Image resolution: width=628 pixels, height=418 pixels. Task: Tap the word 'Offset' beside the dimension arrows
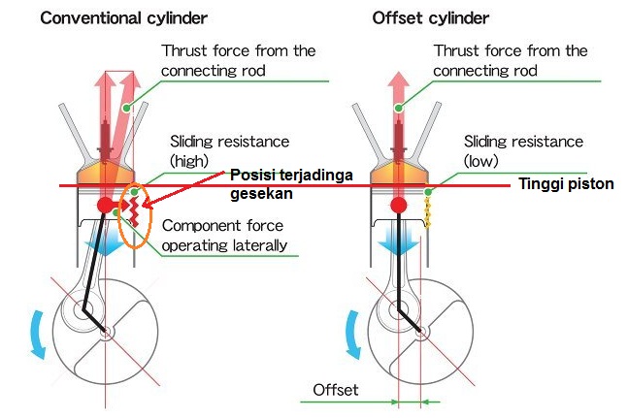[x=335, y=390]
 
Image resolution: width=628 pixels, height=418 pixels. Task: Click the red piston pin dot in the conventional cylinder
[x=105, y=205]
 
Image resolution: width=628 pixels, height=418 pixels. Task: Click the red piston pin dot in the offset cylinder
[x=398, y=205]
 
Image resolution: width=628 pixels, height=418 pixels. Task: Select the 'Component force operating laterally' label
[x=224, y=235]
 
